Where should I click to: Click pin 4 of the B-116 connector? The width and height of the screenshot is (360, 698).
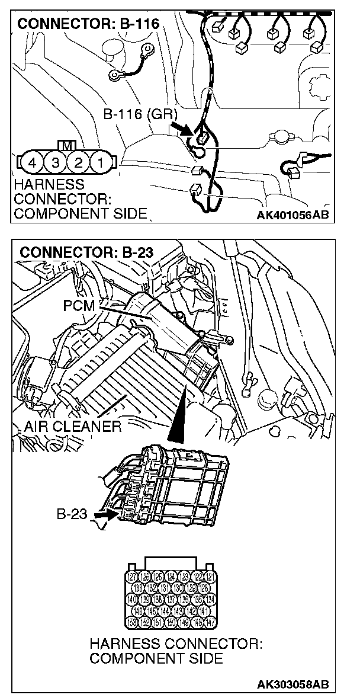tap(34, 161)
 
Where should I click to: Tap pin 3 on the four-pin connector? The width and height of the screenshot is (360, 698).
tap(56, 161)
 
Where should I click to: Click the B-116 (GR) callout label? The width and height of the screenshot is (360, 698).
tap(136, 114)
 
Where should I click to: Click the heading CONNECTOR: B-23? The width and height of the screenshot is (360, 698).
tap(86, 252)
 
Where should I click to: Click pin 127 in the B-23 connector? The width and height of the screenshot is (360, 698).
tap(133, 577)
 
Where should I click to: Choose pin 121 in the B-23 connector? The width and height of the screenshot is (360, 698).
tap(209, 577)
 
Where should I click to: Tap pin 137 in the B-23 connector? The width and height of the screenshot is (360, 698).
tap(171, 600)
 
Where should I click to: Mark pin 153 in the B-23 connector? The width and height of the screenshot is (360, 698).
tap(133, 622)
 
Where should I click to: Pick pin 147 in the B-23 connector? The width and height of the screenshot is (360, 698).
tap(209, 622)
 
